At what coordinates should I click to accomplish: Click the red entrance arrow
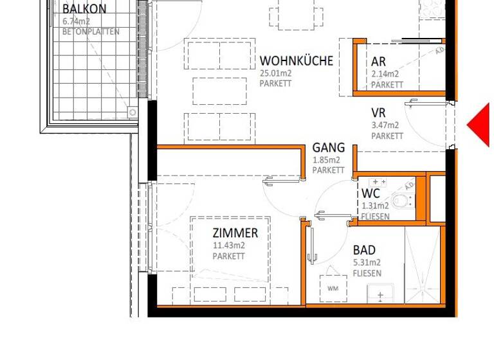coord(480,125)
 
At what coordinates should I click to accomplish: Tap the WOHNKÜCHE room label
coord(297,61)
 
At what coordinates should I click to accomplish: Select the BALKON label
coord(84,9)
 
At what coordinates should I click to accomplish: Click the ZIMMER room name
coord(235,233)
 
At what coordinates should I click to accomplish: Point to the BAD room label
coord(364,250)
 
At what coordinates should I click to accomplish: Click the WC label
coord(370,194)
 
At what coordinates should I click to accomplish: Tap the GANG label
coord(329,148)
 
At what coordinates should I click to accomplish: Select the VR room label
coord(378,113)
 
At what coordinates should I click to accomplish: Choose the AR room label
coord(378,62)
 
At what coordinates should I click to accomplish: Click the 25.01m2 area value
coord(276,73)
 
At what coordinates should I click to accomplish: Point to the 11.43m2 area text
coord(229,245)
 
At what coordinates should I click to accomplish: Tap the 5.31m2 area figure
coord(367,262)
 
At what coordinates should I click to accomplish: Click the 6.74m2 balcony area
coord(77,21)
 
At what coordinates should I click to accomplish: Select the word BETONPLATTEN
coord(91,32)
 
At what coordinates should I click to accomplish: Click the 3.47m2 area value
coord(385,125)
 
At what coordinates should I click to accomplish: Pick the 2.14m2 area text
coord(385,74)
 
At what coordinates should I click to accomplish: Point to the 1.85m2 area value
coord(326,159)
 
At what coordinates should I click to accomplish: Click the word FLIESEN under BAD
coord(367,273)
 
